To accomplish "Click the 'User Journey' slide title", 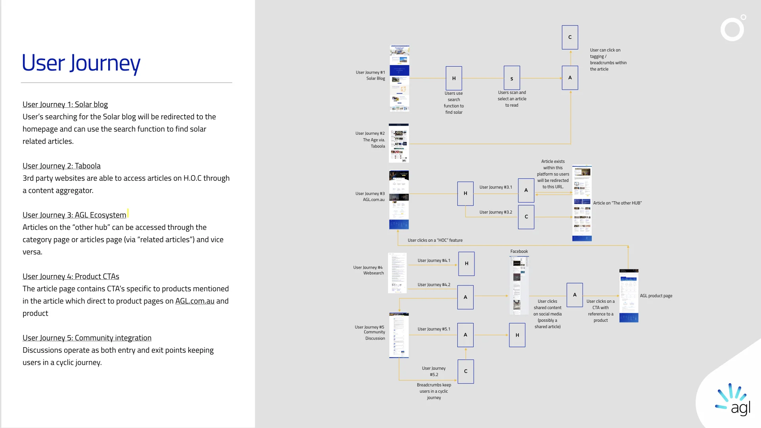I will point(81,63).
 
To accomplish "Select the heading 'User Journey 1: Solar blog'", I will point(65,105).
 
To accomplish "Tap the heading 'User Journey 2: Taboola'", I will point(61,166).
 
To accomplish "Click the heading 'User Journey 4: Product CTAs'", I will point(71,277).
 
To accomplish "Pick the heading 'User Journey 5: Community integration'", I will point(87,338).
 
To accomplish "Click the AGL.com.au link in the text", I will point(195,301).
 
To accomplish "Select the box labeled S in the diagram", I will point(512,78).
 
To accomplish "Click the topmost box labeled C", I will point(570,37).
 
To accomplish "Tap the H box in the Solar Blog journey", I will point(454,78).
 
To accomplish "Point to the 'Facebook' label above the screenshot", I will point(519,252).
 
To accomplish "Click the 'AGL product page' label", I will point(656,296).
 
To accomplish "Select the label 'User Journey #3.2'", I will point(495,212).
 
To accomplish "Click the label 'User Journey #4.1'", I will point(434,261).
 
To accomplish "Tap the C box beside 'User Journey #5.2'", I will point(466,371).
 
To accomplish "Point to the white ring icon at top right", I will point(732,29).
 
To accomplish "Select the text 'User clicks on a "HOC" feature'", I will point(435,241).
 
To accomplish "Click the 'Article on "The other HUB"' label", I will point(617,203).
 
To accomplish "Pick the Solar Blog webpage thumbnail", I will point(400,78).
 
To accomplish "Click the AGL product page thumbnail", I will point(629,296).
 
